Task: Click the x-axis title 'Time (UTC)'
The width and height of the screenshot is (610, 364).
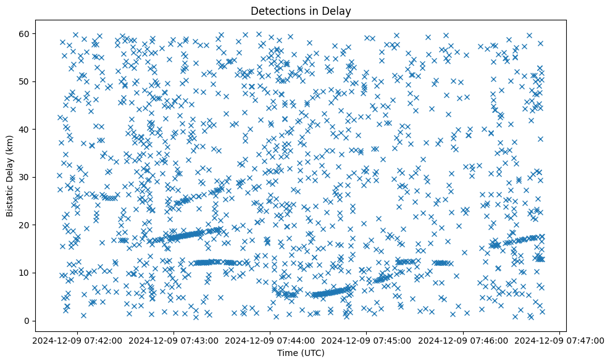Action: (300, 353)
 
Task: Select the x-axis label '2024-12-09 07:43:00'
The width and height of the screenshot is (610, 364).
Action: (173, 340)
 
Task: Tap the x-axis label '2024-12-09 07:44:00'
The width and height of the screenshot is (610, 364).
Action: (270, 340)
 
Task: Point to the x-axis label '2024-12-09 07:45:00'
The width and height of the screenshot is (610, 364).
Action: (367, 340)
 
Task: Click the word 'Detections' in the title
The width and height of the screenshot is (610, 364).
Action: (274, 11)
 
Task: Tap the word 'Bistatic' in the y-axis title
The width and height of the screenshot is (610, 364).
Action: (10, 199)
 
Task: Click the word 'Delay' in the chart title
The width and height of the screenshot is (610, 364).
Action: (338, 11)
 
